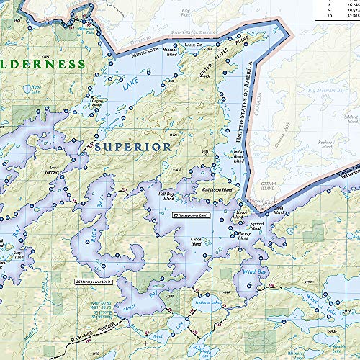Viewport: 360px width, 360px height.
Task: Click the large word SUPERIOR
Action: tap(132, 147)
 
